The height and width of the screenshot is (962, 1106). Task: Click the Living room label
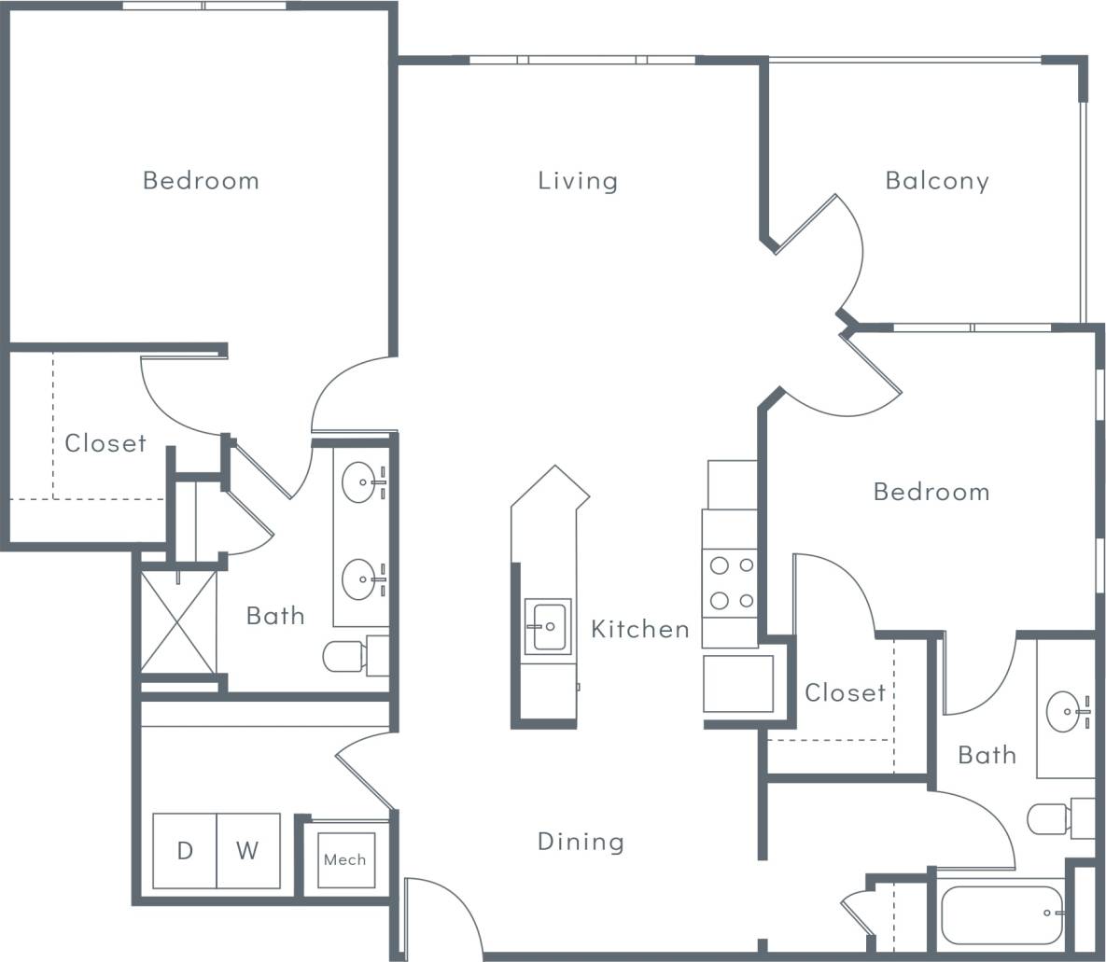578,180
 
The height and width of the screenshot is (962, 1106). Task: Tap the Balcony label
936,180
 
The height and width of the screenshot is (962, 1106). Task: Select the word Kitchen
640,630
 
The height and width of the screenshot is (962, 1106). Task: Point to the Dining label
581,842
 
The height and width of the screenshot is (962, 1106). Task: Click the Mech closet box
344,859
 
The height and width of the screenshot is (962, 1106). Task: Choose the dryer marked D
185,851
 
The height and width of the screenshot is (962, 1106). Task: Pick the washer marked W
248,851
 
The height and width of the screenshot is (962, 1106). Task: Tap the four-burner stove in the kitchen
730,582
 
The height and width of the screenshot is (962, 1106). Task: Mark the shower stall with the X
178,621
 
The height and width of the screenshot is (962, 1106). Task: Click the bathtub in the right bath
1002,914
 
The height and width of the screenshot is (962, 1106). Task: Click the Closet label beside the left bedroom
105,443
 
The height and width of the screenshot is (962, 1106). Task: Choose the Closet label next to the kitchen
845,692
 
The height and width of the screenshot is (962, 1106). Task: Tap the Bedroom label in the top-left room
201,180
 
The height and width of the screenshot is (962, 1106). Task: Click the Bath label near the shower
275,616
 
